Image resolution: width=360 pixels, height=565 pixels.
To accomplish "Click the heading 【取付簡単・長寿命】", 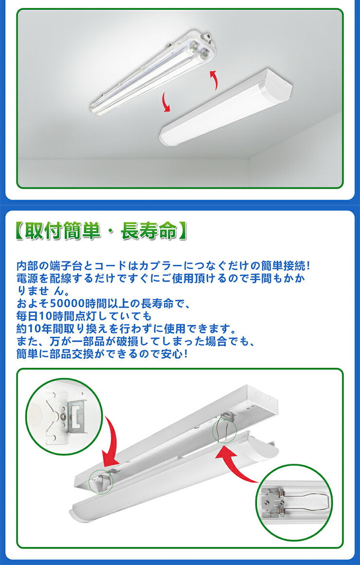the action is click(102, 231).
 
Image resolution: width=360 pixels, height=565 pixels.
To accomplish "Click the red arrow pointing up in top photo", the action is click(214, 80).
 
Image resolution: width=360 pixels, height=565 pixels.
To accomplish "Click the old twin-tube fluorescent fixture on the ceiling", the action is click(153, 72).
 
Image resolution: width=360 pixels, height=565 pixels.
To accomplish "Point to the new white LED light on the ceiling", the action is click(226, 106).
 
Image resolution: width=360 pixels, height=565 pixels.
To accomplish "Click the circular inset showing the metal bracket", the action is click(64, 416).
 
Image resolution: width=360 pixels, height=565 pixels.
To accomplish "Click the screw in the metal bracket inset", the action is click(64, 417).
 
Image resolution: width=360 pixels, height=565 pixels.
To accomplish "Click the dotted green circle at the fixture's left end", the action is click(101, 481).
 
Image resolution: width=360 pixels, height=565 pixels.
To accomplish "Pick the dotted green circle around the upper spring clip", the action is click(224, 430).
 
